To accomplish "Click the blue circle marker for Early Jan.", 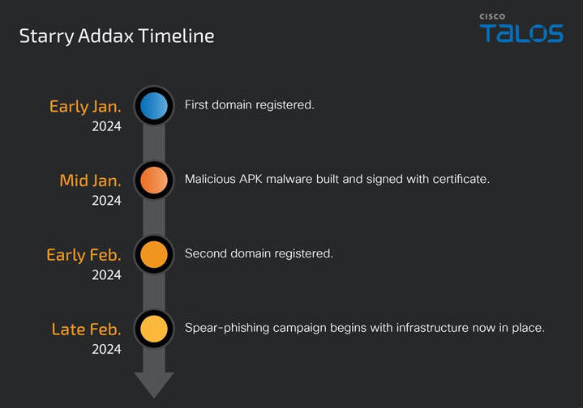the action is pos(153,106).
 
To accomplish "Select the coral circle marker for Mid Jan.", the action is pos(153,180).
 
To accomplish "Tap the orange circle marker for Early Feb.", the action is pos(153,254).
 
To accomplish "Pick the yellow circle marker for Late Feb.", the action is pos(153,329).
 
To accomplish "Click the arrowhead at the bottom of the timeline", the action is pos(153,385).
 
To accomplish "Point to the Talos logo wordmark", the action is pos(521,33).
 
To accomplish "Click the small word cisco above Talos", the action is pos(492,16).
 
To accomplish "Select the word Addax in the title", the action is pos(105,36).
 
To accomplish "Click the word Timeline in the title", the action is pos(176,36).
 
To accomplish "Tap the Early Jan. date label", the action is pos(85,107).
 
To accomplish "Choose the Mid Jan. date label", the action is pos(90,181).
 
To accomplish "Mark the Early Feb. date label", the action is pos(84,256).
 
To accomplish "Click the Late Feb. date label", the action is pos(86,329).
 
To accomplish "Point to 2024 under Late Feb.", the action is pos(106,349).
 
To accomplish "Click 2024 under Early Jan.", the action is pos(106,126).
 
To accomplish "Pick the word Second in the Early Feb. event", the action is pos(206,253).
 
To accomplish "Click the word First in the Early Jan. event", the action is pos(196,104).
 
